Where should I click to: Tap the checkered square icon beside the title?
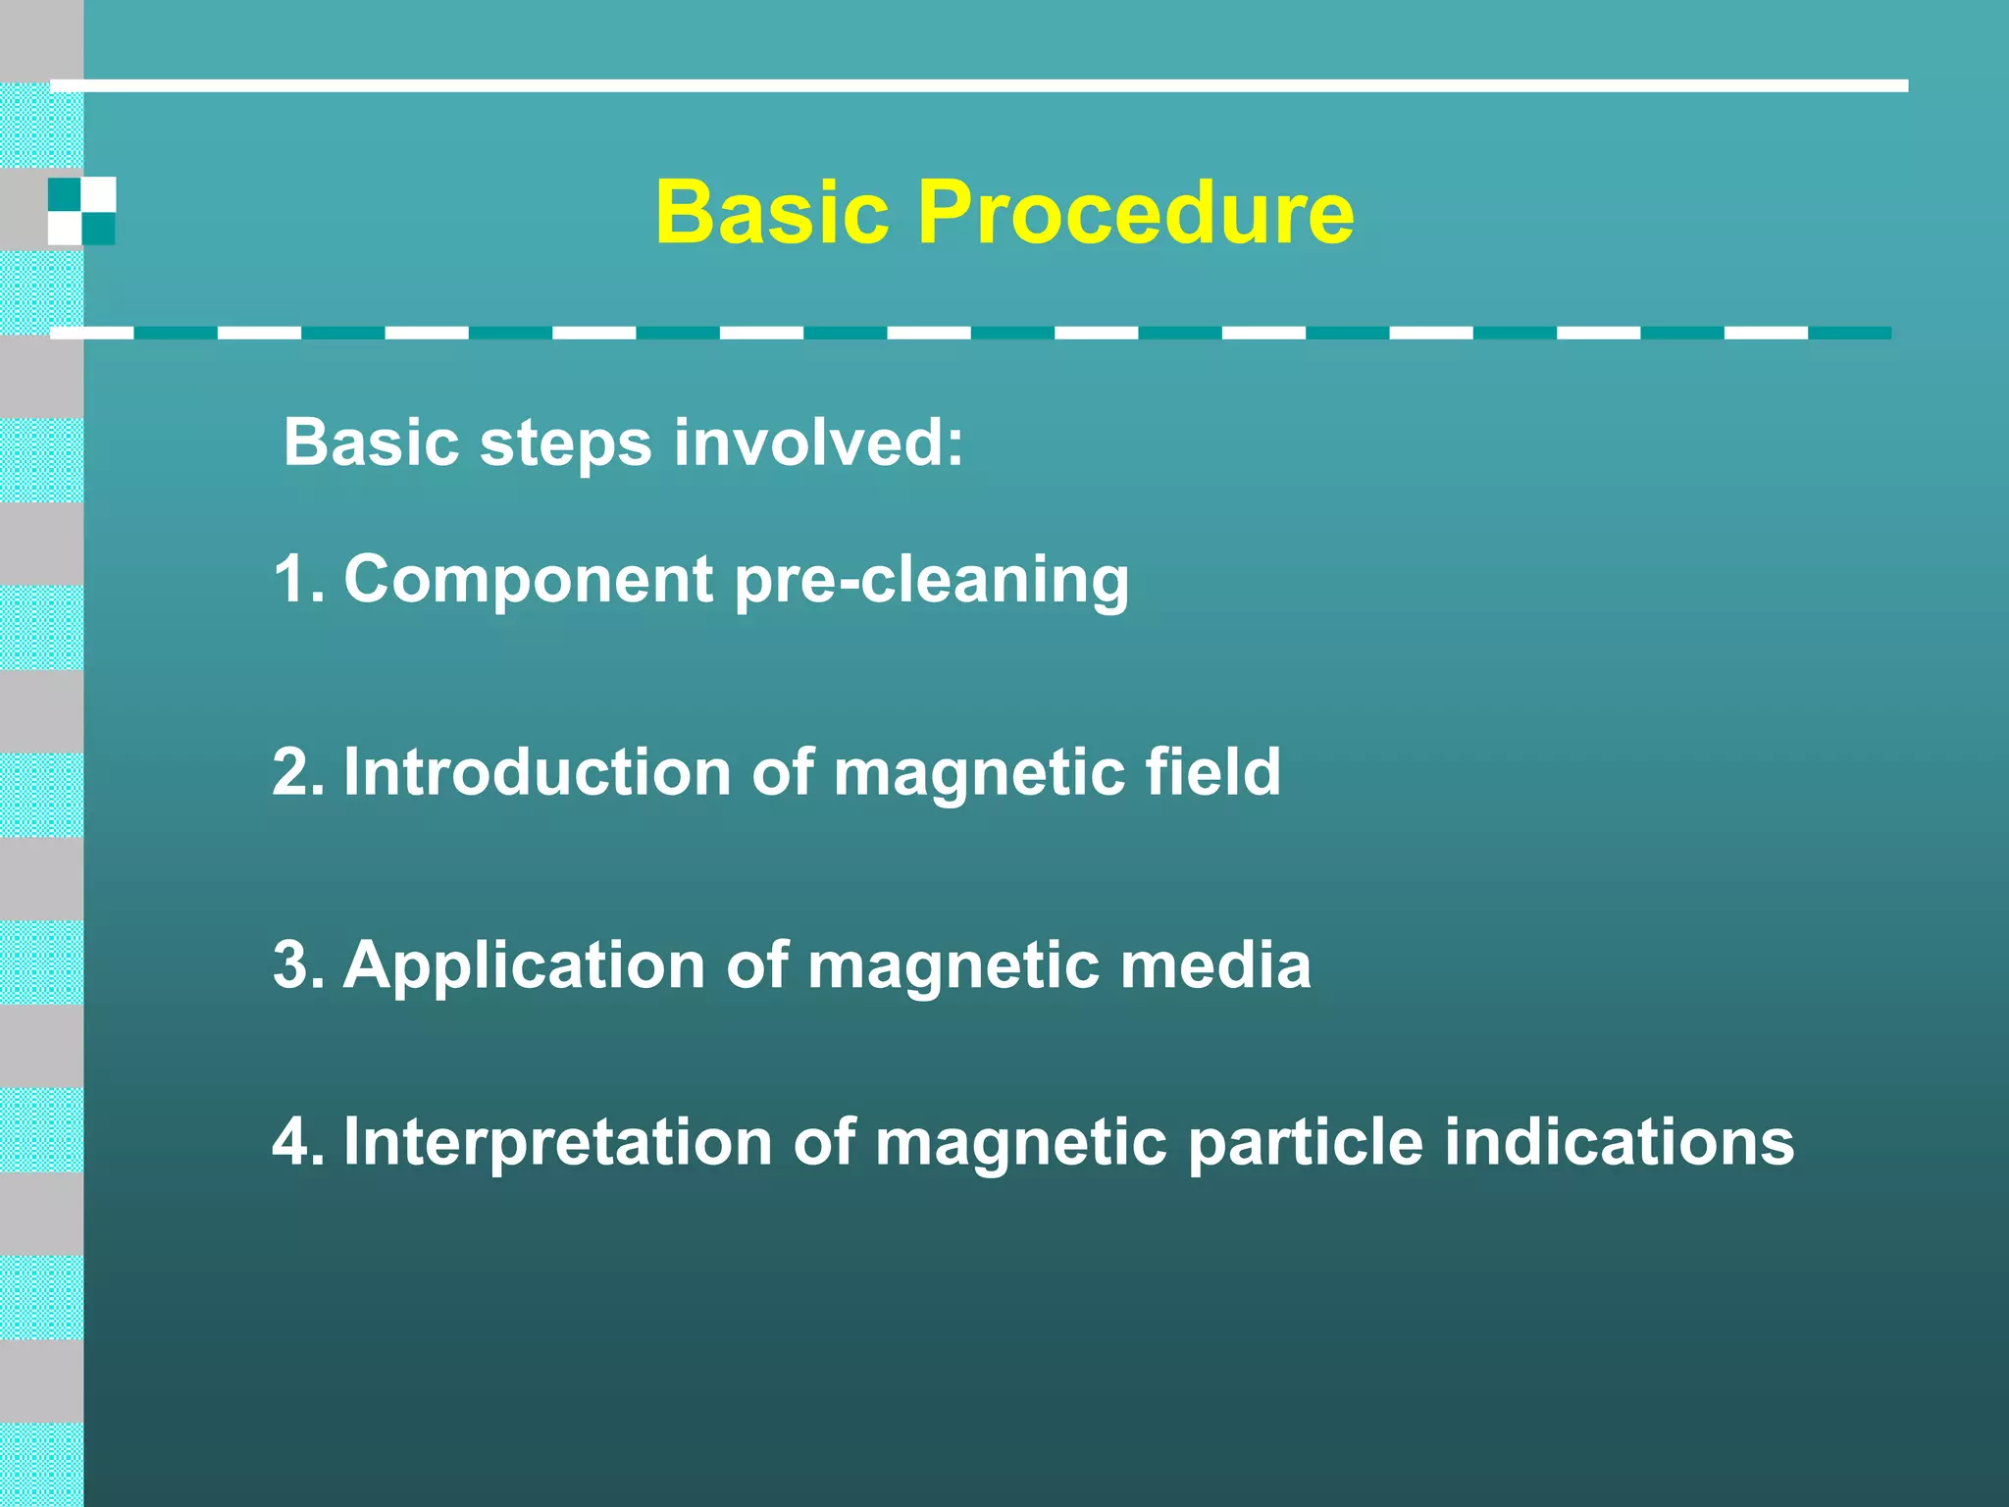pyautogui.click(x=81, y=211)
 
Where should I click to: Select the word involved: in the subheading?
pyautogui.click(x=819, y=442)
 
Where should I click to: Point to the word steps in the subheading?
pyautogui.click(x=565, y=444)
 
